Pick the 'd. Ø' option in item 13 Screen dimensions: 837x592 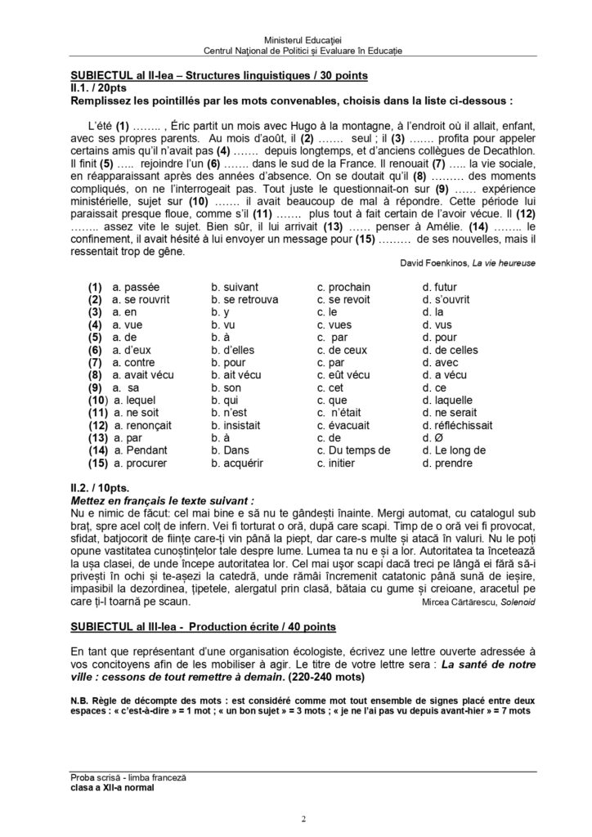(431, 438)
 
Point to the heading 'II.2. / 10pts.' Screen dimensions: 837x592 (106, 485)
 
